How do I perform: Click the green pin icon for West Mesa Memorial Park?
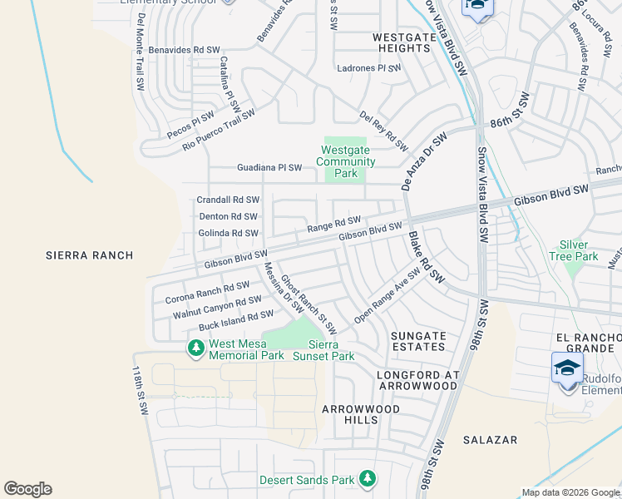tap(196, 348)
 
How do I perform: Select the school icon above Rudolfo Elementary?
tap(567, 368)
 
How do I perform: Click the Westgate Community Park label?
tap(347, 162)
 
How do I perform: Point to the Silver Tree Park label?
tap(574, 250)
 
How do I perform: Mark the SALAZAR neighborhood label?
tap(491, 439)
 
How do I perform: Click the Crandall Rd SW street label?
tap(228, 200)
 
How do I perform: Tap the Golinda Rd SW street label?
tap(228, 233)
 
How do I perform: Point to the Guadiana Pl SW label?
tap(258, 167)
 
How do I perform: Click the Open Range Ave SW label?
tap(388, 296)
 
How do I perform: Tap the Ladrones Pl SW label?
tap(368, 68)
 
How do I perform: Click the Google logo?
tap(27, 489)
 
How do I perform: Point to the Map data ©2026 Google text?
tap(570, 492)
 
